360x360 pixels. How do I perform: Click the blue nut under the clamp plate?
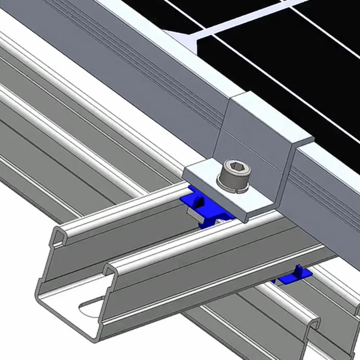(192, 201)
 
